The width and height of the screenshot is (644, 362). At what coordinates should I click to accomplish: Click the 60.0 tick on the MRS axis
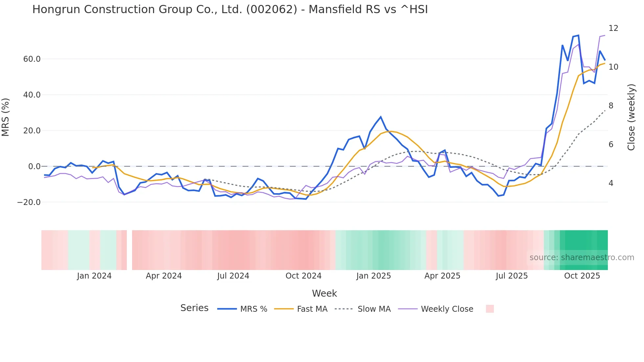coord(32,59)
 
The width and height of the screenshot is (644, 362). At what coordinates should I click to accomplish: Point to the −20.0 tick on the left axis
coord(29,202)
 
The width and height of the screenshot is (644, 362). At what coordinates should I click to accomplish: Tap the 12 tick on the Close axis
coord(613,28)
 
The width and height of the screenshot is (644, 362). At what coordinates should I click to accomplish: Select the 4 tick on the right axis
coord(611,183)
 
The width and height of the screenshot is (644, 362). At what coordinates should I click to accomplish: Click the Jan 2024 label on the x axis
coord(94,276)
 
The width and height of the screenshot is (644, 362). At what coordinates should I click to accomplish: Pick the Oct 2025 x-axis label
coord(582,276)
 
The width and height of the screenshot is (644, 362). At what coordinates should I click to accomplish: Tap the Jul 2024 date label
coord(233,276)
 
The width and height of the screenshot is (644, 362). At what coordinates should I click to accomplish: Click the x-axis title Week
coord(324,293)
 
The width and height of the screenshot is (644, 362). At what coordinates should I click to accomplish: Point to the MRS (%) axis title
coord(6,117)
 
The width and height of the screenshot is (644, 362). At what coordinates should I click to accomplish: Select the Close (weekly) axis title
coord(631,117)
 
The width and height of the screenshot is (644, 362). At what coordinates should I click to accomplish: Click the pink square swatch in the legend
coord(490,309)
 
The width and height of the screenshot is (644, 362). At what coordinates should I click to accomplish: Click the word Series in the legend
coord(194,308)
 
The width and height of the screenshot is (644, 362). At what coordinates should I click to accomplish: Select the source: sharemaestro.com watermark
coord(582,258)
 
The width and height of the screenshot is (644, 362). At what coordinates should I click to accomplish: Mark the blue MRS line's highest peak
coord(578,35)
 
